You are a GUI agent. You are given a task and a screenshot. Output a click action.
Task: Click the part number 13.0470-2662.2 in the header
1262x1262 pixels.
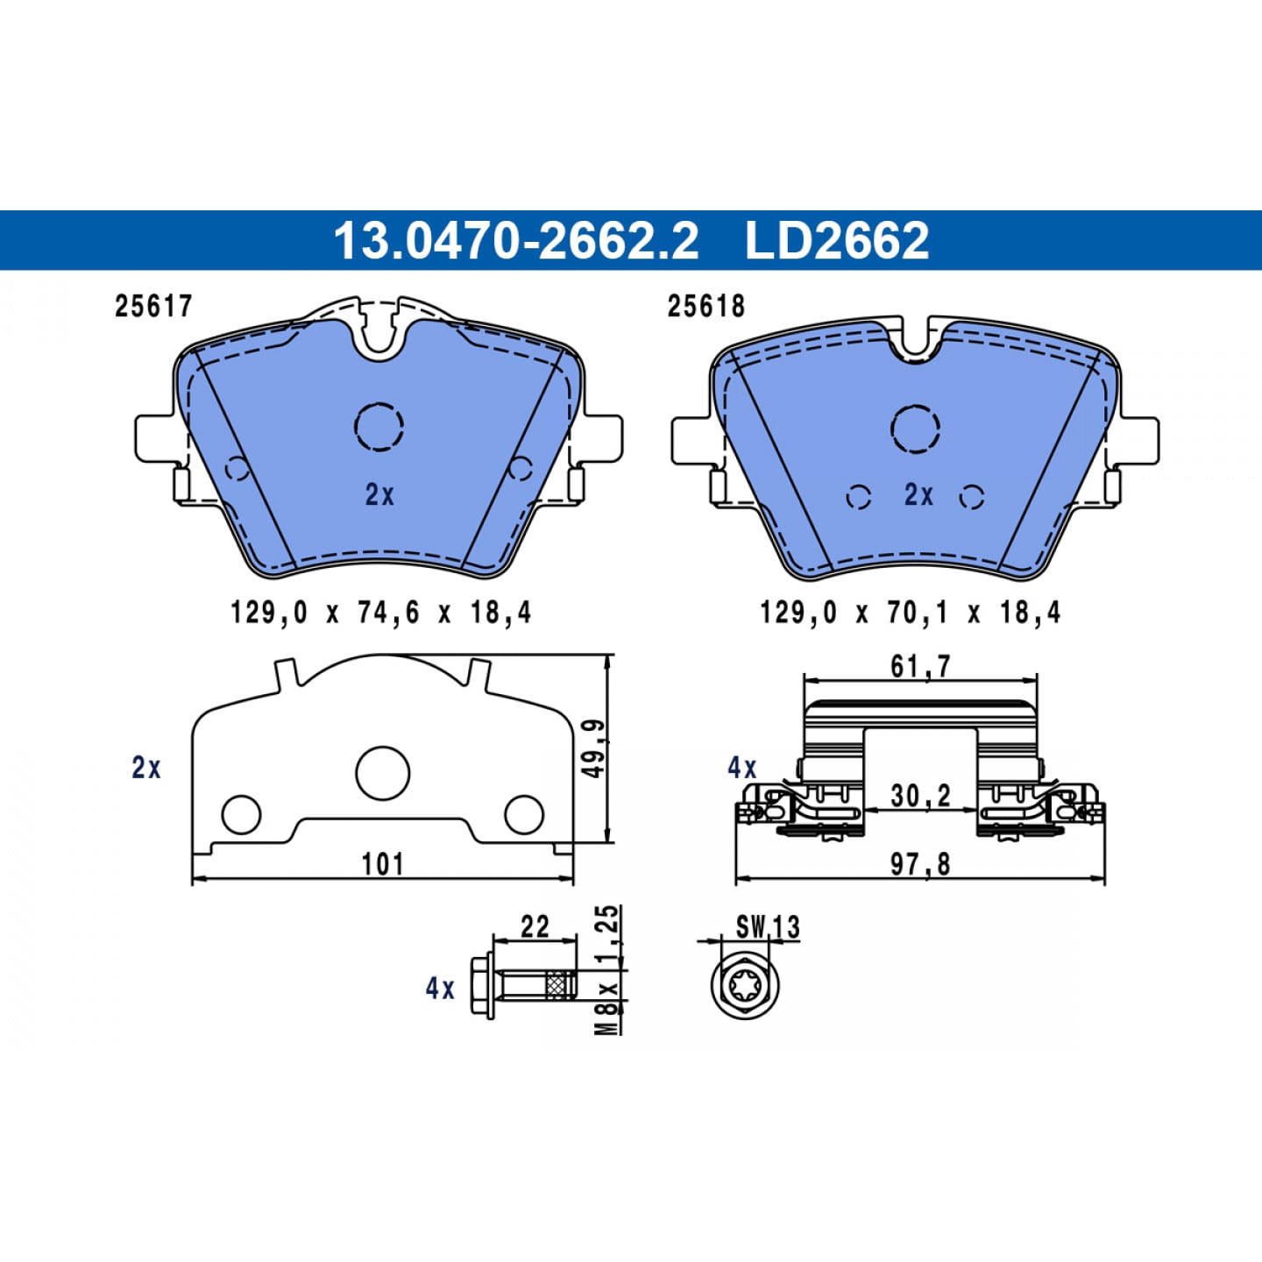(x=516, y=240)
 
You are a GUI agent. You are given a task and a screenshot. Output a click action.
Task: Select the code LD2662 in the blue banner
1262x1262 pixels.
(x=837, y=240)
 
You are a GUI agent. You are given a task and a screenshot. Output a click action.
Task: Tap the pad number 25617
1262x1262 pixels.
(x=153, y=306)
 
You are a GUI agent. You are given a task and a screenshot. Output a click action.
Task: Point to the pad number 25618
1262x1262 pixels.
(x=706, y=306)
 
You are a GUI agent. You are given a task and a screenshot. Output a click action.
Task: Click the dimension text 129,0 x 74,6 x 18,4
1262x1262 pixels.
(x=381, y=613)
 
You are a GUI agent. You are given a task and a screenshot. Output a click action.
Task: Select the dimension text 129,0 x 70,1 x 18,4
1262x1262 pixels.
(x=910, y=613)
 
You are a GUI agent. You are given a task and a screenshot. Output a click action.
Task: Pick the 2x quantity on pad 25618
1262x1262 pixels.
(x=918, y=495)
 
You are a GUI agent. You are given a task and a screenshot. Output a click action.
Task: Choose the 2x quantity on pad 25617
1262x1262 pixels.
(x=379, y=495)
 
